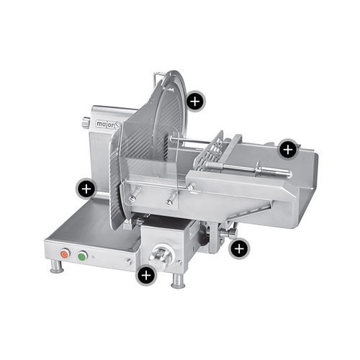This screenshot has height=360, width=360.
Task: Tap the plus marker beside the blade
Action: [195, 102]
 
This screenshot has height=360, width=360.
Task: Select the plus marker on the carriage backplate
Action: [288, 150]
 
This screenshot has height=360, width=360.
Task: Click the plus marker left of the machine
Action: [86, 189]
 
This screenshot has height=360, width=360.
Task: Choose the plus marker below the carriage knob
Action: [239, 249]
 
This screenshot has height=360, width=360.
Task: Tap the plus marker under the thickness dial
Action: [146, 275]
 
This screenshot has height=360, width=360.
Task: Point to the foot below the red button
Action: [57, 266]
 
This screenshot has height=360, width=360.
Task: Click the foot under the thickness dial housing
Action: [178, 281]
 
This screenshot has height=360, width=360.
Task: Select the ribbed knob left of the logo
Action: [86, 122]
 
